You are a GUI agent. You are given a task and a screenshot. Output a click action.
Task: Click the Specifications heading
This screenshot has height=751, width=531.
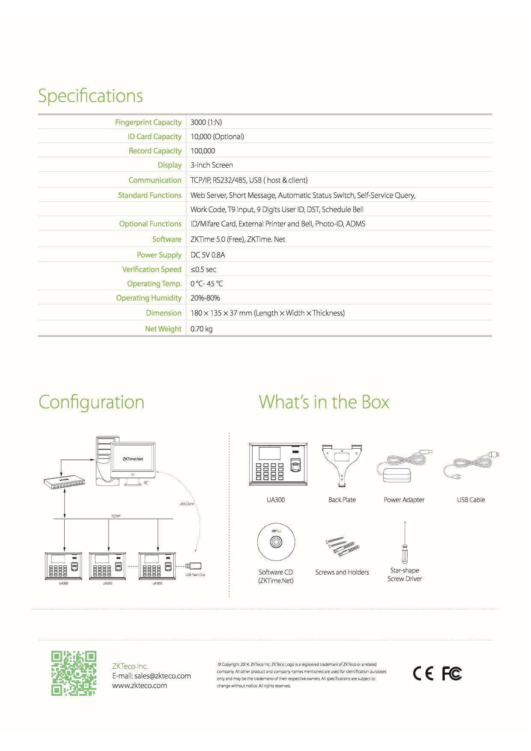[90, 96]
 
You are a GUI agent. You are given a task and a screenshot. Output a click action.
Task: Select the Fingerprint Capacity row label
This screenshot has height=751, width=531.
[148, 122]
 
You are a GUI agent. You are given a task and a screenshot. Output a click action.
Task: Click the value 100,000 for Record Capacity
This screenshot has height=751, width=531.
[203, 151]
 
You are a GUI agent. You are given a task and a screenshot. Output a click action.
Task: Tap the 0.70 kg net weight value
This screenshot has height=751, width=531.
[202, 329]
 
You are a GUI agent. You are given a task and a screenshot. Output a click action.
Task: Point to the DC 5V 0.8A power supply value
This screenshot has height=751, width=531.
[208, 255]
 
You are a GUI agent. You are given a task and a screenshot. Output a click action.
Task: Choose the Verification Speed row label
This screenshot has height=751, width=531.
[152, 269]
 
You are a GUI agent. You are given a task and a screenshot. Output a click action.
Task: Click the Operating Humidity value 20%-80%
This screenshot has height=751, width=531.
[205, 298]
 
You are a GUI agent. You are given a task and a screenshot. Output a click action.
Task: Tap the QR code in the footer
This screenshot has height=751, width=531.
[74, 673]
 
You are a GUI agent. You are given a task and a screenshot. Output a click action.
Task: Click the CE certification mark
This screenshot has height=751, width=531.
[423, 674]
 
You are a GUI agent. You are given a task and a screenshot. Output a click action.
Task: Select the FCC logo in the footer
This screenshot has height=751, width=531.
[452, 674]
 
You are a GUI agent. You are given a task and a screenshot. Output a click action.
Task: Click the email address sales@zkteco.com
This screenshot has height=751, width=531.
[163, 676]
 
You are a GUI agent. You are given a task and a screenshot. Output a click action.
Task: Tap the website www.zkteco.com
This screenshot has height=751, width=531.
[140, 685]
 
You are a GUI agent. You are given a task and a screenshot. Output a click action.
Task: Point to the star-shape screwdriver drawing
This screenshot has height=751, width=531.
[404, 542]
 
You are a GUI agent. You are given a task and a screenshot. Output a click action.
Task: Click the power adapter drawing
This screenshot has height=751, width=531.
[404, 467]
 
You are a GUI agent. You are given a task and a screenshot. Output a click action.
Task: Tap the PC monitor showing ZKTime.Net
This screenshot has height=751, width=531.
[133, 461]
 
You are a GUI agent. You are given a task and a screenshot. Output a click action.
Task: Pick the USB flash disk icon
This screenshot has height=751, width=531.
[195, 566]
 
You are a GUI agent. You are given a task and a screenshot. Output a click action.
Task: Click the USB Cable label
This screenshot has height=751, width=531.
[471, 500]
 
